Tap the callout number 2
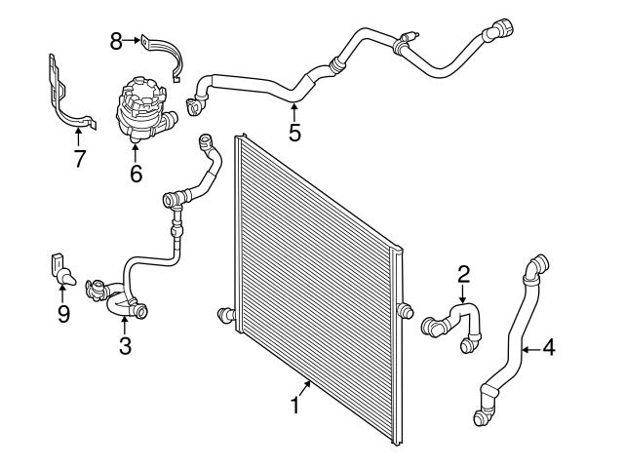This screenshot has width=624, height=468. coord(464,276)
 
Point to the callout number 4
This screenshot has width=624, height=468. coord(549,345)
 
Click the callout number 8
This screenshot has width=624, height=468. coord(116,41)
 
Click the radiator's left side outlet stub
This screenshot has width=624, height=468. coord(223,314)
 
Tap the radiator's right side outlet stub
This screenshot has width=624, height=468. coord(404,311)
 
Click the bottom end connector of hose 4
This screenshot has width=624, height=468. coord(482,419)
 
